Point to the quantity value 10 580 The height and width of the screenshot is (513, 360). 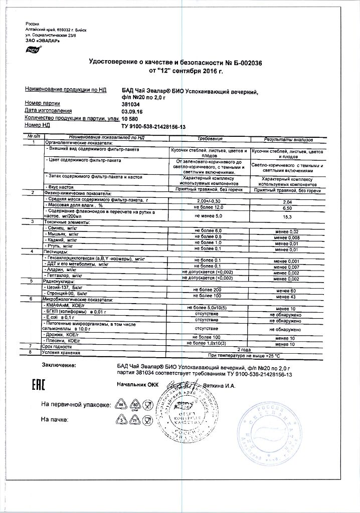pos(131,119)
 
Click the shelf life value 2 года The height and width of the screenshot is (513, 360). pos(244,348)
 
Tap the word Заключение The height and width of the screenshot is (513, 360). pos(59,367)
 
